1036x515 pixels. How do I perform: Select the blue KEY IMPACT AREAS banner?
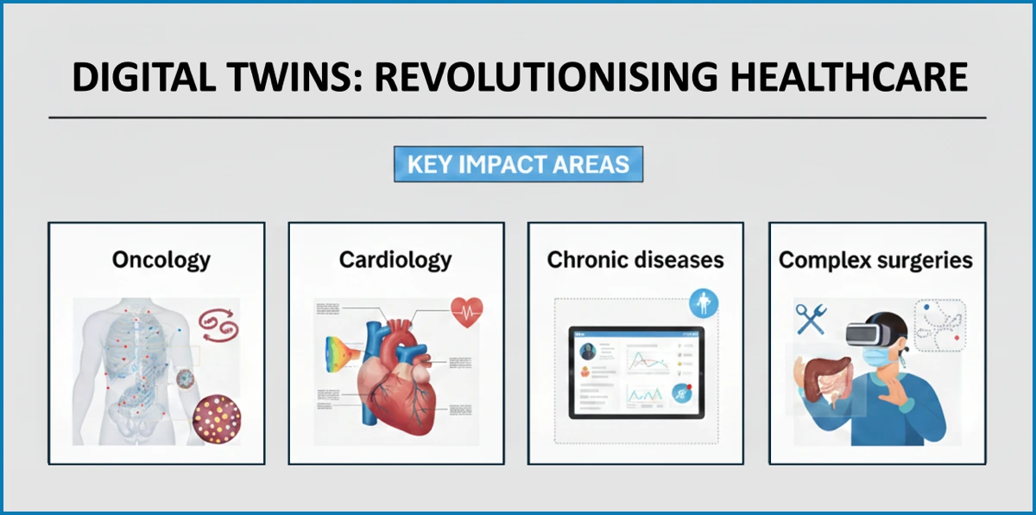click(x=518, y=164)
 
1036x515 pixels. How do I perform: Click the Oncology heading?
click(x=161, y=259)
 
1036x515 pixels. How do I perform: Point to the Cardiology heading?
click(x=395, y=259)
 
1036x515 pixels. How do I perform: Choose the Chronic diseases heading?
click(x=635, y=259)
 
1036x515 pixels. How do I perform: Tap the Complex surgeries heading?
click(x=875, y=259)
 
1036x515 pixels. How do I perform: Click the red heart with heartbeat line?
click(x=466, y=311)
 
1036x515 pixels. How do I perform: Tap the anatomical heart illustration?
click(x=396, y=372)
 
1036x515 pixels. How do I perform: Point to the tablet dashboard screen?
click(x=635, y=374)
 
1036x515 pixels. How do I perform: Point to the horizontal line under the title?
click(x=518, y=117)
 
